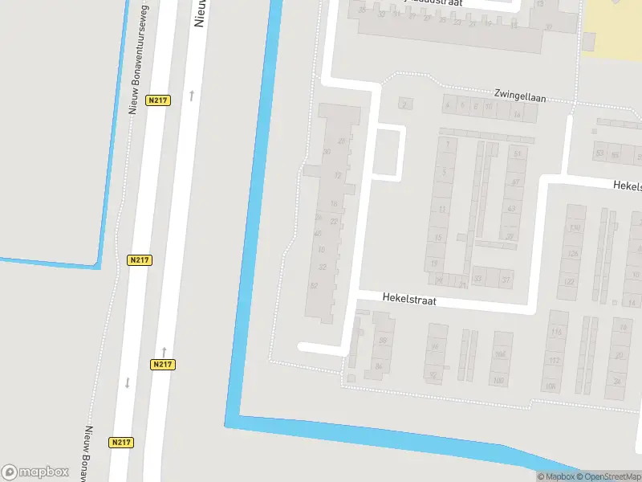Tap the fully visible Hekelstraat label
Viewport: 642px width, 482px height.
pyautogui.click(x=409, y=299)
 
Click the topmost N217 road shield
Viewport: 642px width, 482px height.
pyautogui.click(x=158, y=100)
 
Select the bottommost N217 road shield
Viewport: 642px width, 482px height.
pyautogui.click(x=121, y=442)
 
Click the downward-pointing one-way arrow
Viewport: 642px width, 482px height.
pyautogui.click(x=127, y=382)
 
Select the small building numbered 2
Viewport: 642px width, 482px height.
pyautogui.click(x=404, y=104)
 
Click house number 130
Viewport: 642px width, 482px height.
pyautogui.click(x=574, y=228)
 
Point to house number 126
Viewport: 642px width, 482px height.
pyautogui.click(x=573, y=254)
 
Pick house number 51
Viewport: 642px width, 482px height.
pyautogui.click(x=518, y=153)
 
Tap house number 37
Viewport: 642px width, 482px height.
pyautogui.click(x=506, y=280)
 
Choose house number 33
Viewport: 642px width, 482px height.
pyautogui.click(x=478, y=280)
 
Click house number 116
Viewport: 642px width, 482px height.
pyautogui.click(x=556, y=332)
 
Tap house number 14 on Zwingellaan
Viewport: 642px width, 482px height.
pyautogui.click(x=517, y=116)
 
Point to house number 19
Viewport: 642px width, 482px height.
pyautogui.click(x=434, y=263)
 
